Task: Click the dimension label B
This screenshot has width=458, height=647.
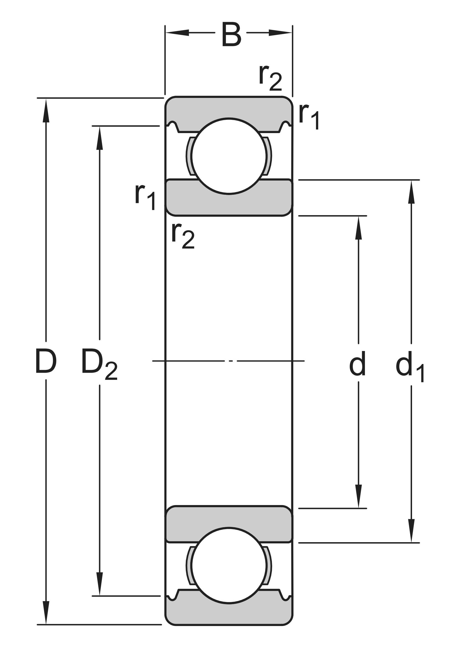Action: [231, 35]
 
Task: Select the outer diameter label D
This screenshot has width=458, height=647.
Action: [46, 361]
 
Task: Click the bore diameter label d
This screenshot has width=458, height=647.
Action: [357, 363]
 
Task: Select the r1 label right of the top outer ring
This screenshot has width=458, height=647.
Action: [309, 116]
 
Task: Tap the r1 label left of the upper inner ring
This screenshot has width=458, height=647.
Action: [145, 197]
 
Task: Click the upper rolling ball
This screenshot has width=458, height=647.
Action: [229, 156]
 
